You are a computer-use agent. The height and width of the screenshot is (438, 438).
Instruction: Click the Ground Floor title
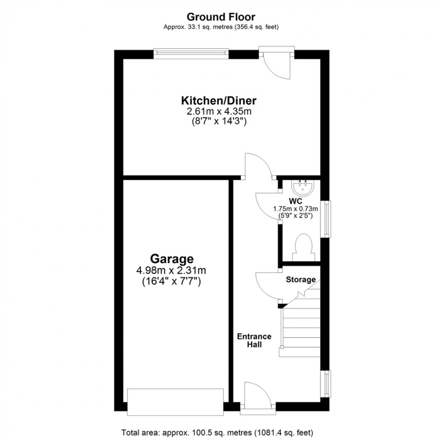point(221,17)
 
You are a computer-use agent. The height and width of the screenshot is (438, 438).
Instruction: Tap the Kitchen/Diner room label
point(219,100)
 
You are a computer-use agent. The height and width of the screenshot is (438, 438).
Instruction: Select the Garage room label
point(172,258)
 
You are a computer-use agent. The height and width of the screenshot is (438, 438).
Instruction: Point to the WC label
point(295,201)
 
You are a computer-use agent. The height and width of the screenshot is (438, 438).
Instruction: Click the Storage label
point(301,280)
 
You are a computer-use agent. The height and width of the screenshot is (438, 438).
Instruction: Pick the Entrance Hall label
point(254,340)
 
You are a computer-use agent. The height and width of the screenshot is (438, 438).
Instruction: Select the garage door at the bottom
point(175,401)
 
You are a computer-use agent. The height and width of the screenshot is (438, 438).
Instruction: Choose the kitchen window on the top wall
point(191,54)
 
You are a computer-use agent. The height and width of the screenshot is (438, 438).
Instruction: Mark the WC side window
point(328,219)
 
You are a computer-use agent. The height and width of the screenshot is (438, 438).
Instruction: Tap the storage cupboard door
point(267,286)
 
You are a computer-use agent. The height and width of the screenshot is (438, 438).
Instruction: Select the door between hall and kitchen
point(257,166)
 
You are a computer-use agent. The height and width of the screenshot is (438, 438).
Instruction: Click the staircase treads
point(300,328)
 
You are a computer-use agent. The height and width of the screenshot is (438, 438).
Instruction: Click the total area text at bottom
point(218,433)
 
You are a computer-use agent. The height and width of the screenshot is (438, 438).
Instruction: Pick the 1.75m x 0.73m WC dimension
point(295,209)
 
